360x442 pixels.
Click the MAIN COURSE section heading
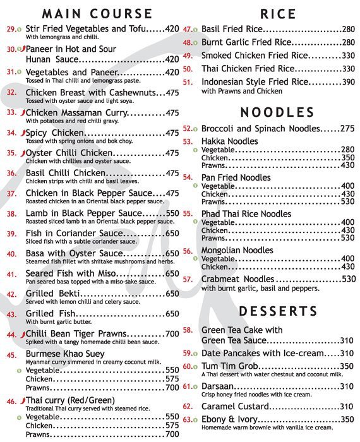pos(97,13)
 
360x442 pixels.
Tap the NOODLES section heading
pos(277,112)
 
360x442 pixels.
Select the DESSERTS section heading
pos(277,311)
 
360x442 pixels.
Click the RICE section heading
pos(277,13)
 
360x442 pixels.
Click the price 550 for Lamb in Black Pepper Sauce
pos(172,214)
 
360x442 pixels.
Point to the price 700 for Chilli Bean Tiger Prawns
pos(172,334)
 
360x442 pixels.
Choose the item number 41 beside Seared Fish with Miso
pos(12,275)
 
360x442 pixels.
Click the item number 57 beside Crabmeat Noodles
pos(188,279)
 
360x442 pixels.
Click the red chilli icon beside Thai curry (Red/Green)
pos(22,401)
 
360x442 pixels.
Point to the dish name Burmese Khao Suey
pos(65,355)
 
